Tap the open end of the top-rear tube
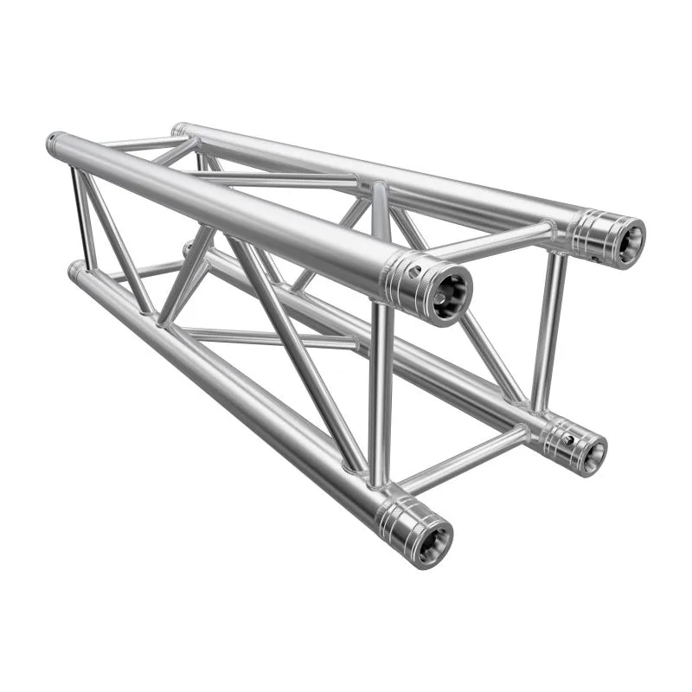click(625, 238)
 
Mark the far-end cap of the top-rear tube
click(178, 129)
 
